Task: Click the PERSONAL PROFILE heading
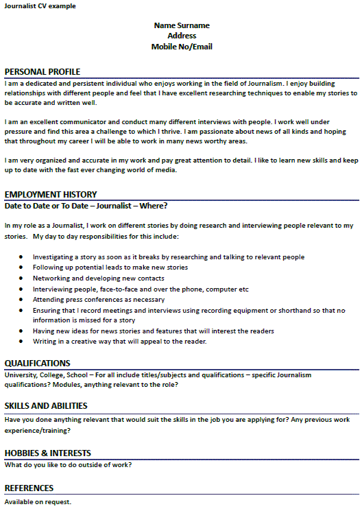pyautogui.click(x=43, y=72)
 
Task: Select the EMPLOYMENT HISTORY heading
pyautogui.click(x=51, y=195)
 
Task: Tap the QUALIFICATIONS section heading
pyautogui.click(x=37, y=364)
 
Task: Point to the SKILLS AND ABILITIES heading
pyautogui.click(x=46, y=406)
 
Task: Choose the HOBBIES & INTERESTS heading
pyautogui.click(x=47, y=453)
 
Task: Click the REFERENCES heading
pyautogui.click(x=29, y=488)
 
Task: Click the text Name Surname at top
pyautogui.click(x=182, y=25)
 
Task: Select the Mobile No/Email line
pyautogui.click(x=182, y=47)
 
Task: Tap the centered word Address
pyautogui.click(x=182, y=36)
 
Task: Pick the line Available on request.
pyautogui.click(x=38, y=502)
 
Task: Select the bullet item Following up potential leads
pyautogui.click(x=110, y=268)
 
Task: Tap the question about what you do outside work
pyautogui.click(x=68, y=465)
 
